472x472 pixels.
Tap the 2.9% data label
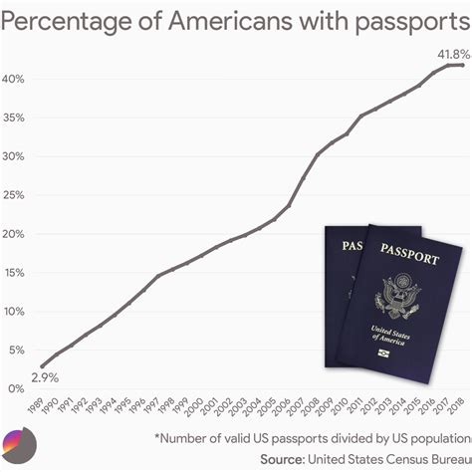coord(43,378)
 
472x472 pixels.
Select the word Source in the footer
coord(283,460)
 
